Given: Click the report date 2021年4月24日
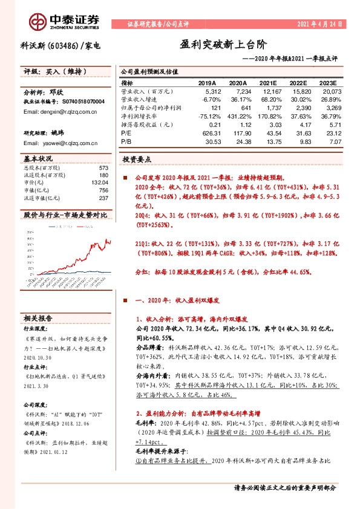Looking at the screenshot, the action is point(319,24).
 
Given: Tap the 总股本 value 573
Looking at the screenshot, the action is point(103,167).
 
